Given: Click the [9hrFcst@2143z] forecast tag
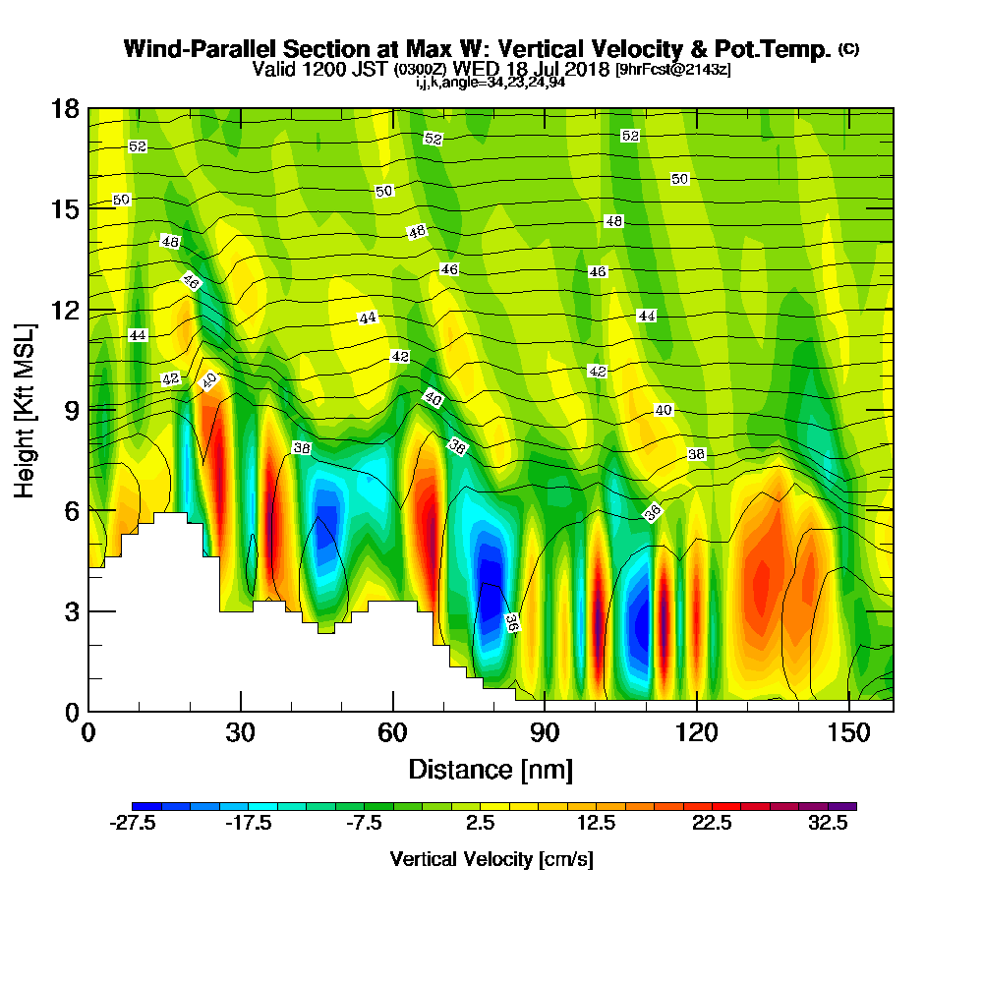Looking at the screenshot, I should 672,70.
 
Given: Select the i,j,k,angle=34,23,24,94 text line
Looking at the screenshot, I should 491,83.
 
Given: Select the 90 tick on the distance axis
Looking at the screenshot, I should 545,732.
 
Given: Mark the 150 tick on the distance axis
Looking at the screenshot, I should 848,732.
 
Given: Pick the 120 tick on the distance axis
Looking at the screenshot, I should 696,732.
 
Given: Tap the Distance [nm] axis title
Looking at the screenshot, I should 491,768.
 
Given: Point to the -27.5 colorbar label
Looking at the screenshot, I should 133,824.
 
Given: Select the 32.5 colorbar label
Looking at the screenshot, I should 829,824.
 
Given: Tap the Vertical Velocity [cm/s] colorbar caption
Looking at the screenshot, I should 491,859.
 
